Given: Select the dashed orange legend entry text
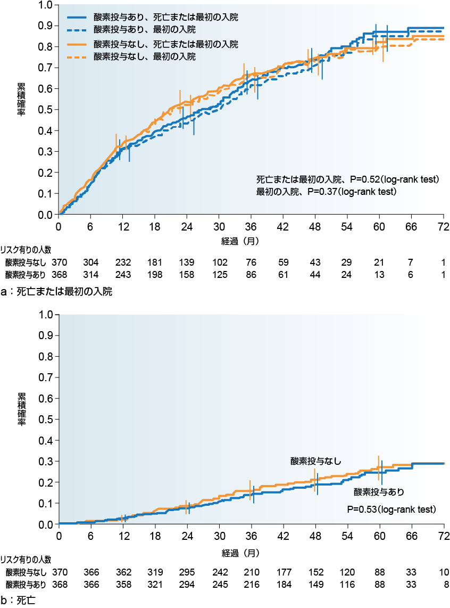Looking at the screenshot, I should [144, 56].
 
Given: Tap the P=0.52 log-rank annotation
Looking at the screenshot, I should [347, 179].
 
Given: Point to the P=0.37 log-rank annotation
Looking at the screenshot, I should [327, 191].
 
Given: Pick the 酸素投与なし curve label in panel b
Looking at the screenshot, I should [315, 461].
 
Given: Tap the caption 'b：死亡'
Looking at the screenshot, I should [18, 601].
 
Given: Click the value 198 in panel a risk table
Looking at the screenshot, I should [155, 275].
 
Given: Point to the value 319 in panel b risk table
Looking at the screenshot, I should [155, 572].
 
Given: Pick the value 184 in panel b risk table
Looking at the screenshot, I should [284, 585].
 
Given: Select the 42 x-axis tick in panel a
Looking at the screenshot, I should [284, 226].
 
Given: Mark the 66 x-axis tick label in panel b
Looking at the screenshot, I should [412, 536].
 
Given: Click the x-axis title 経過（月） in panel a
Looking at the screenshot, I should [240, 241].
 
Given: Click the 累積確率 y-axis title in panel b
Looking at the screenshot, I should [22, 409].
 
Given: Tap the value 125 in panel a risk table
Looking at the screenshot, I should [219, 275].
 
